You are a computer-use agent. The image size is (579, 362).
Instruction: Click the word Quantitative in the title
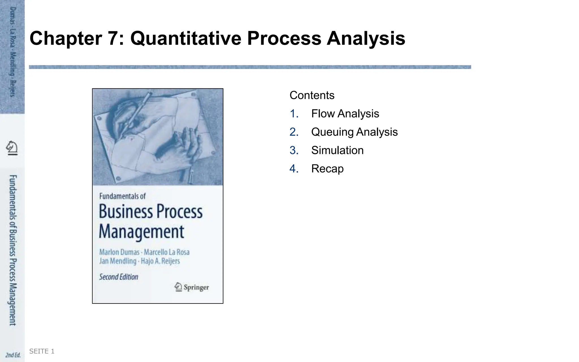(x=186, y=38)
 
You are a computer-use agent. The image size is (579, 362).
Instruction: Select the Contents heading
(x=312, y=95)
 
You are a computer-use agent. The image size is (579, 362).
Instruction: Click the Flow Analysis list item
(x=345, y=114)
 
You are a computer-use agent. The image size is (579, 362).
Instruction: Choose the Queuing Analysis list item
(x=354, y=132)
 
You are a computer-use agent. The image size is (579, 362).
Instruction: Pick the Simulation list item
(x=337, y=150)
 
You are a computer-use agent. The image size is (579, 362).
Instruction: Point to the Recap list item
(x=327, y=169)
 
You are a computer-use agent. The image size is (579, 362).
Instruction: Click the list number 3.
(x=294, y=150)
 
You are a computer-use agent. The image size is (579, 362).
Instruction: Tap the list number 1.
(x=294, y=114)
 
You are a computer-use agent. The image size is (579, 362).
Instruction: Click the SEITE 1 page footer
(x=42, y=351)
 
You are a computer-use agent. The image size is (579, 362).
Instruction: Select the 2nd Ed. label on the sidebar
(x=13, y=355)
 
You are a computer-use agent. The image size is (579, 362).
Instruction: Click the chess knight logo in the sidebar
(x=12, y=148)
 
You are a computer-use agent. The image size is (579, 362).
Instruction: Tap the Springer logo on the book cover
(x=192, y=287)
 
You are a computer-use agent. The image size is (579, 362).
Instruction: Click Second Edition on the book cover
(x=119, y=277)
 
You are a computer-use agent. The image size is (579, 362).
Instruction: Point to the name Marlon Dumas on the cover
(x=119, y=252)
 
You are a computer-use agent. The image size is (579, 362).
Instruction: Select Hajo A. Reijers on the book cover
(x=160, y=261)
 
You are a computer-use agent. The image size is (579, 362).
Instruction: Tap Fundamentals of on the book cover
(x=122, y=196)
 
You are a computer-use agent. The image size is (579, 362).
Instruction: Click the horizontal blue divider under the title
(x=250, y=67)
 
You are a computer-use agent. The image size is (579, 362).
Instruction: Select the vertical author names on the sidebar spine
(x=13, y=52)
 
